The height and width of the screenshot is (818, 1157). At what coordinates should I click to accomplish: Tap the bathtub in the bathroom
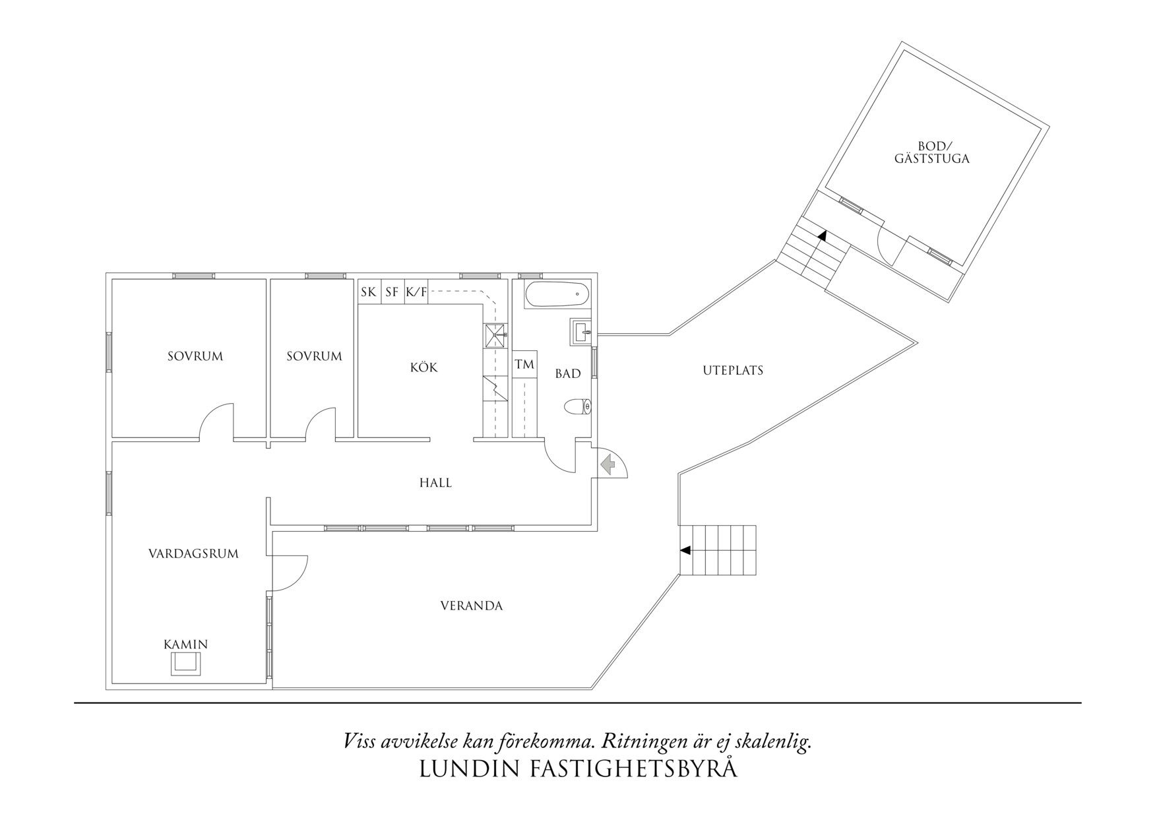tap(557, 295)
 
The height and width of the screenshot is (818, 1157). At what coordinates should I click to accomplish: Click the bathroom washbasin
tap(580, 332)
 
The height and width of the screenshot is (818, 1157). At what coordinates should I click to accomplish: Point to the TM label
tap(524, 365)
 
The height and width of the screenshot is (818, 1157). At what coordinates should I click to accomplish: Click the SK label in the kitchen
tap(369, 292)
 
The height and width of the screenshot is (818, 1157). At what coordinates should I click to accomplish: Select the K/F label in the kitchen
tap(416, 292)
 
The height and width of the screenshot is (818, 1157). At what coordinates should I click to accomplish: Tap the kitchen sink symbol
tap(496, 335)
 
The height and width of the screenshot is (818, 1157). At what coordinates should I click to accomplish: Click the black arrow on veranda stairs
tap(685, 550)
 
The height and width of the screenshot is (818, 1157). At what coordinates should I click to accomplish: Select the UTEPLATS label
tap(733, 371)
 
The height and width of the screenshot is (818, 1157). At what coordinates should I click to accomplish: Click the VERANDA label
tap(472, 606)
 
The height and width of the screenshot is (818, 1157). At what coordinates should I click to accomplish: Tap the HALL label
tap(435, 483)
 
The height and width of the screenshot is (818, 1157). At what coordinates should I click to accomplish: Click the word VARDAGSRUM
tap(193, 553)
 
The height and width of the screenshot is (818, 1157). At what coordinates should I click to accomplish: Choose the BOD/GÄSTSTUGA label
tap(932, 152)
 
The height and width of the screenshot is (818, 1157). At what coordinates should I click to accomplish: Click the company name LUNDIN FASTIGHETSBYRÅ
tap(578, 769)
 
